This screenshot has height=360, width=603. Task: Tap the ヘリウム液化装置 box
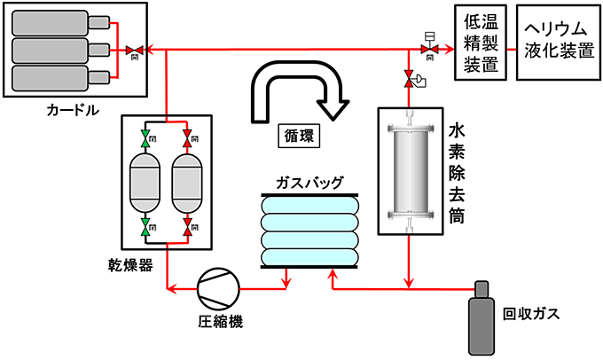pos(555,41)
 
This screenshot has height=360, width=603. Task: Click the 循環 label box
pos(295,137)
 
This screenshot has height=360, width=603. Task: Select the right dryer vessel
pos(187,184)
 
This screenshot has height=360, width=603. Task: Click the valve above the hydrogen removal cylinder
pos(410,81)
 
